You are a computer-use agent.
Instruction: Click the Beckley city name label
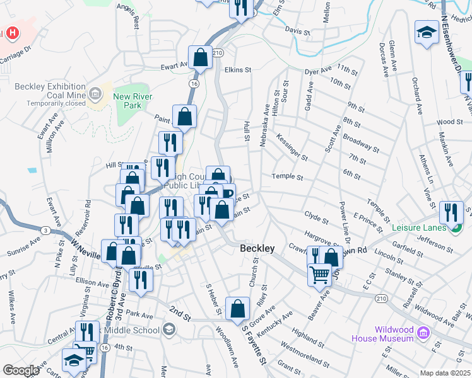[x=257, y=249]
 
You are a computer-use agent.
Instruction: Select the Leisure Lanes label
[x=422, y=227]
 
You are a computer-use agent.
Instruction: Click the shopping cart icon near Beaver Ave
[x=320, y=274]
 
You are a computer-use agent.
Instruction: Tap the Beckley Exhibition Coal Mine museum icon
[x=95, y=94]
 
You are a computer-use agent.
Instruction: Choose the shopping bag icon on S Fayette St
[x=237, y=308]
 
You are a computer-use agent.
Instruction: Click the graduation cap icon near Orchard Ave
[x=427, y=31]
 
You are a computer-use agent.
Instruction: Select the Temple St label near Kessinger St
[x=287, y=177]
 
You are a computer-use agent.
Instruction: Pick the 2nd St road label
[x=179, y=311]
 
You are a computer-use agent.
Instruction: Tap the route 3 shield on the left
[x=45, y=231]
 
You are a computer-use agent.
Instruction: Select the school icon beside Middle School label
[x=168, y=329]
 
